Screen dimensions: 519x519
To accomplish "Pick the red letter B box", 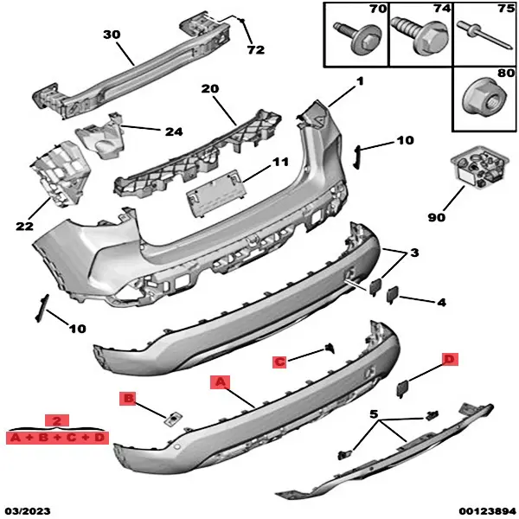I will point(128,398).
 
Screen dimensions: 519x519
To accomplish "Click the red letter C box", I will point(279,362).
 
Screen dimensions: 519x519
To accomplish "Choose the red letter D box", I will point(448,358).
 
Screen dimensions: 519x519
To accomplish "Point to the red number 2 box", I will point(56,421).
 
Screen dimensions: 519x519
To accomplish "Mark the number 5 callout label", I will point(375,413).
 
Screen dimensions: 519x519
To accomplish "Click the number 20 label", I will point(210,89).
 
